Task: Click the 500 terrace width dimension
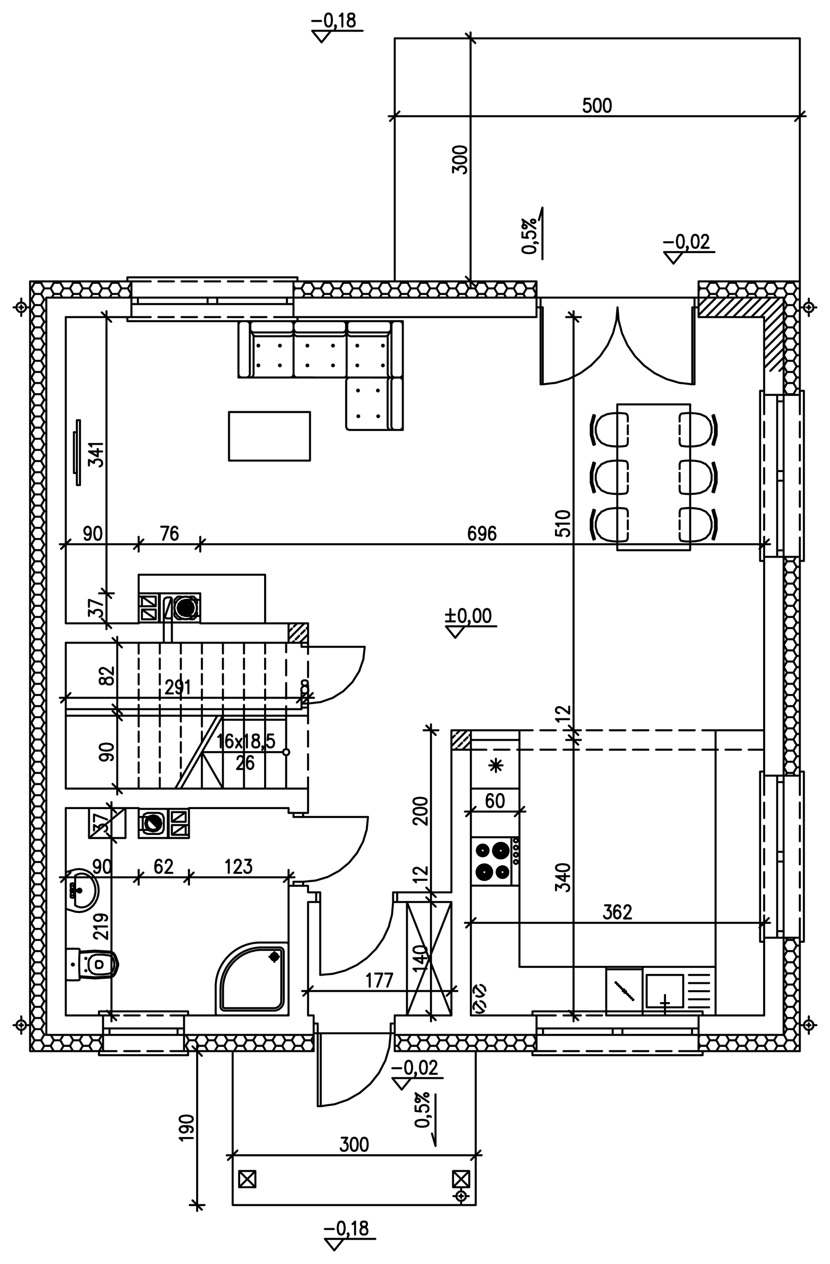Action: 597,106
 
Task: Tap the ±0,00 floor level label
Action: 468,616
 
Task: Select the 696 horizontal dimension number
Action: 481,534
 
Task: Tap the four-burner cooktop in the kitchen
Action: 491,861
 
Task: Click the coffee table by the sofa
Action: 269,436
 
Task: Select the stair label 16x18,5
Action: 246,741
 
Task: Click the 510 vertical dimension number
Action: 563,524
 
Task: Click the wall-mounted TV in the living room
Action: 77,452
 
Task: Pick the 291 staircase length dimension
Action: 177,688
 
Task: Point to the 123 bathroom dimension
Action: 239,867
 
